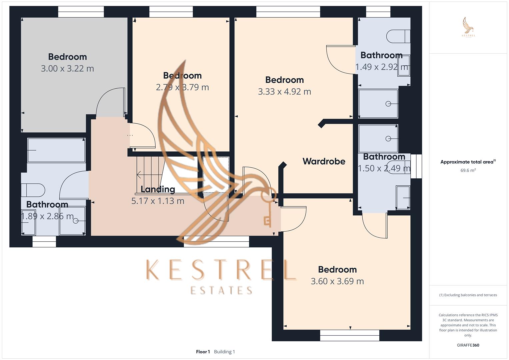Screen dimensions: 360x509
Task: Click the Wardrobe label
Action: point(324,161)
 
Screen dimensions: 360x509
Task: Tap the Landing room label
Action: point(158,189)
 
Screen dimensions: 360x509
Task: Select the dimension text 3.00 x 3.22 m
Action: point(67,69)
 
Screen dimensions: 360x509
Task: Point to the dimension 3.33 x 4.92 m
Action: point(284,92)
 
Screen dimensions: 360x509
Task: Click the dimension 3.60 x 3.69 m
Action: point(337,281)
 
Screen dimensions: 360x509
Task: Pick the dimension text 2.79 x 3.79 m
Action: point(182,87)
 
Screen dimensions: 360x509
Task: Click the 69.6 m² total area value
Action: point(468,170)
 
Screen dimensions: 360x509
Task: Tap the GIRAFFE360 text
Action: point(468,345)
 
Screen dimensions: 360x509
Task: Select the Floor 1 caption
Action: point(203,352)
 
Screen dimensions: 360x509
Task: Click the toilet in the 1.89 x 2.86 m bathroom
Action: point(33,190)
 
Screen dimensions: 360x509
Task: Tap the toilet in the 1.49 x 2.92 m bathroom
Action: point(398,36)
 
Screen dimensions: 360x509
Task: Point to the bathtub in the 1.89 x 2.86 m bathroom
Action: point(56,150)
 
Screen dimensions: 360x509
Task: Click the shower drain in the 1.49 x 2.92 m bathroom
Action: point(388,104)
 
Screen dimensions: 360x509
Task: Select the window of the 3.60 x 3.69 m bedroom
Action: point(349,335)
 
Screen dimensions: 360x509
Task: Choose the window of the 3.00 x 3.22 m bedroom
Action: point(81,12)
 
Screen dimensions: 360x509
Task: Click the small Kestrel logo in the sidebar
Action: point(468,27)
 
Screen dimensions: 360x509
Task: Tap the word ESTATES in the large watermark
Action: point(221,290)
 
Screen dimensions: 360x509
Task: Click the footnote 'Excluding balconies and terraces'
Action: point(468,295)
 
